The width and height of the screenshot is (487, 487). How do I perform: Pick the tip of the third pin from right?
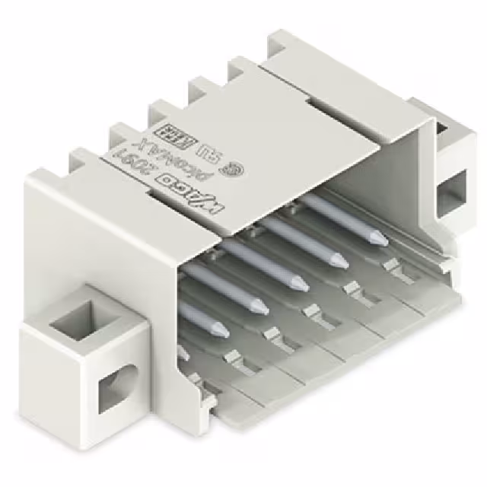pos(299,286)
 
